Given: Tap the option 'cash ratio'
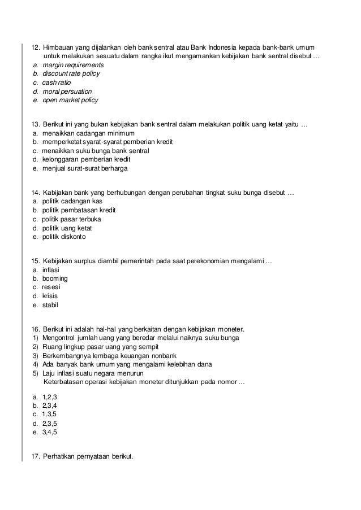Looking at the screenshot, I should coord(57,82).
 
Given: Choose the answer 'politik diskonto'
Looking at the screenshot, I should coord(63,237).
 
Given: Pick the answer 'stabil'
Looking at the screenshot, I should coord(50,306).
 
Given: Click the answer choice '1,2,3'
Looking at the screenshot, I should coord(50,397).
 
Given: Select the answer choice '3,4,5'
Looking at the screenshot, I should coord(50,432).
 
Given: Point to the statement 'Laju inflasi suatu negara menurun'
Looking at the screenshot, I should coord(93,374).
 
